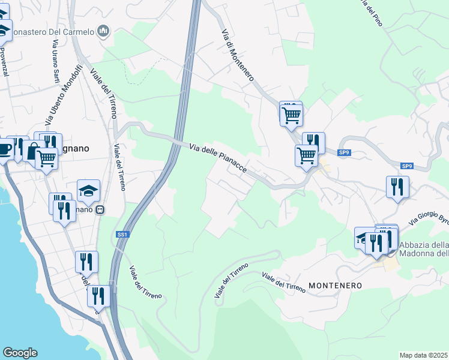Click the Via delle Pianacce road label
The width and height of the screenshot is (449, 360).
218,159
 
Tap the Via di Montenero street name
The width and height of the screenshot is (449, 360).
238,55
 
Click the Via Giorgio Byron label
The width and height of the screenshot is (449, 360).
429,219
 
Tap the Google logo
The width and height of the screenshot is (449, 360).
20,353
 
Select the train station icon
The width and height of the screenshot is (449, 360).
100,210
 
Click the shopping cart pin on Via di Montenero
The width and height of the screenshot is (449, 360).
291,114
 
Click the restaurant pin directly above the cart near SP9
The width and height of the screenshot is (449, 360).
313,142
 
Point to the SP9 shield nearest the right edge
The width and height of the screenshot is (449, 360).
407,166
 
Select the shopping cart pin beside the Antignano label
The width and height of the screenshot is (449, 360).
46,158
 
